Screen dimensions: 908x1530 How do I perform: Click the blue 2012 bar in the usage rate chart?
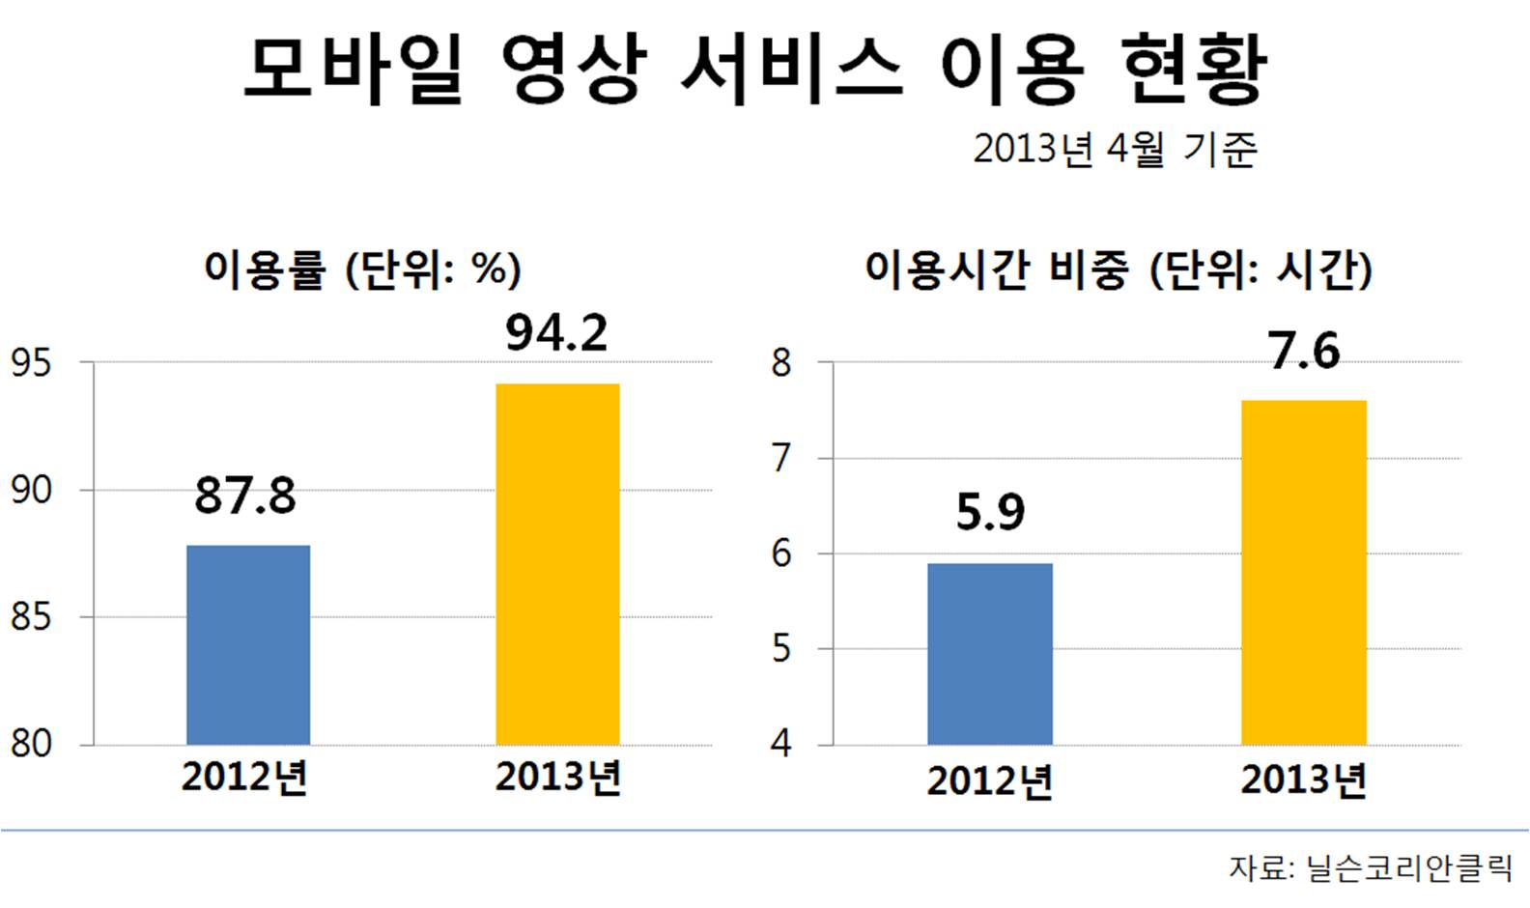248,644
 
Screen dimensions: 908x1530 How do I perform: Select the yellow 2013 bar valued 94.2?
557,564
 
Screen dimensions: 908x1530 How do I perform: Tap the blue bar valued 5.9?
990,654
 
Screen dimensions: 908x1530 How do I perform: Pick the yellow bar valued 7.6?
1304,572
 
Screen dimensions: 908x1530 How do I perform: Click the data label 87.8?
245,497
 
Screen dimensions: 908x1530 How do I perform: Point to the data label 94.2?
557,334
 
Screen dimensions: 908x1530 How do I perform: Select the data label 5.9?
990,513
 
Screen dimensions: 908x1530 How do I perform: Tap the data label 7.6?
1304,352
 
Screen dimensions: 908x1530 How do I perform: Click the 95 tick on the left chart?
31,363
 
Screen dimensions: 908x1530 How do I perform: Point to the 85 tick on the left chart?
31,616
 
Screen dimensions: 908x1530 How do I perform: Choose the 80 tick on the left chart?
31,744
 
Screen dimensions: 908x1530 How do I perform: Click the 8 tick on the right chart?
781,363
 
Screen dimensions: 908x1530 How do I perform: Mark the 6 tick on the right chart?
781,553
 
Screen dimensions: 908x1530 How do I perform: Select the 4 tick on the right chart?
781,744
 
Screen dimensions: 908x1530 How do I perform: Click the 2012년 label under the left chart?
244,778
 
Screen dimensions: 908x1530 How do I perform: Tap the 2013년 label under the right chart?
1304,780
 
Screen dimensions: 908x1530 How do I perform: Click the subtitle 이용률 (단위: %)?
362,270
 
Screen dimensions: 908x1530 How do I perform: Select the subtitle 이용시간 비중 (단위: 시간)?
1118,270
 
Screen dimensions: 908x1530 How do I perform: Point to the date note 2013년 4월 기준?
1115,150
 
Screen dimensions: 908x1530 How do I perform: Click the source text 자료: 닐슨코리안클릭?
1370,867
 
